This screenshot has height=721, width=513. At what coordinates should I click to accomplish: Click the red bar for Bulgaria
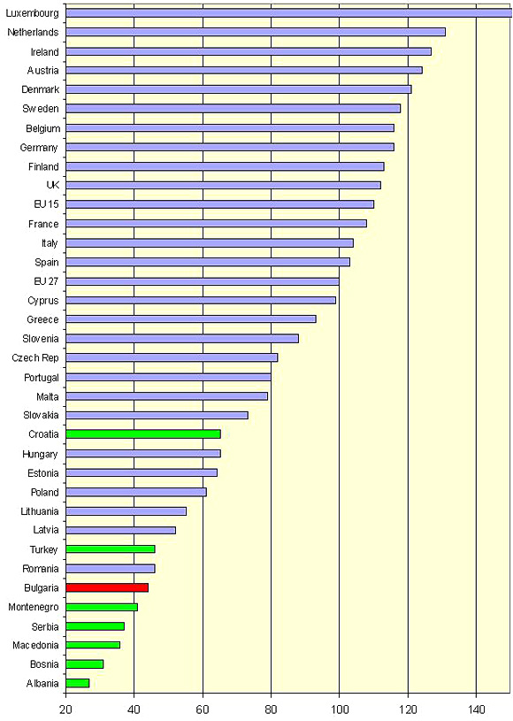[107, 587]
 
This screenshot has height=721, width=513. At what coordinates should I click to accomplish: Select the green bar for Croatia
[143, 434]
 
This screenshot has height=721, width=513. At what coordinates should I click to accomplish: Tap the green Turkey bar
[111, 549]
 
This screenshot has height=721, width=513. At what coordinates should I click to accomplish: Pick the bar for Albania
[77, 683]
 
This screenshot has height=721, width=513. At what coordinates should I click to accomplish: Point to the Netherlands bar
[256, 32]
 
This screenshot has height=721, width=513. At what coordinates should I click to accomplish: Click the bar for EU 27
[203, 281]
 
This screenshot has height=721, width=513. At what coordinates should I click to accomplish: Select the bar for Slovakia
[157, 415]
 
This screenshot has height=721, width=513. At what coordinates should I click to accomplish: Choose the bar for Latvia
[120, 530]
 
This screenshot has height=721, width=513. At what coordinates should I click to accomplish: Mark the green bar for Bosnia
[85, 664]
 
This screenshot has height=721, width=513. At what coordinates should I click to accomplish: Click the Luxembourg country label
[32, 13]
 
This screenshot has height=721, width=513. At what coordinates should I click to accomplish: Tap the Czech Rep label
[35, 357]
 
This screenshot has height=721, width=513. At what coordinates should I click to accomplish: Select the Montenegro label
[34, 607]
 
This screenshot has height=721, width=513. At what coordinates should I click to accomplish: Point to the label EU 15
[46, 203]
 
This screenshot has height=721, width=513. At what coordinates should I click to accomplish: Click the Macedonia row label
[36, 645]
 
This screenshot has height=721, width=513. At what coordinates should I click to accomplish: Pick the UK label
[53, 185]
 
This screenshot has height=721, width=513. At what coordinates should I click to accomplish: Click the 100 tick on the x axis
[340, 709]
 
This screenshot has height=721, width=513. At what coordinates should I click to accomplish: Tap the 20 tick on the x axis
[65, 709]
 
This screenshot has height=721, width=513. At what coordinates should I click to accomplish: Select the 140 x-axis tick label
[476, 709]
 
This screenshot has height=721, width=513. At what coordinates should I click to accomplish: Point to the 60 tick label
[203, 709]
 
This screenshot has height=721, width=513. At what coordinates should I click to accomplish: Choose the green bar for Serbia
[96, 626]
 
